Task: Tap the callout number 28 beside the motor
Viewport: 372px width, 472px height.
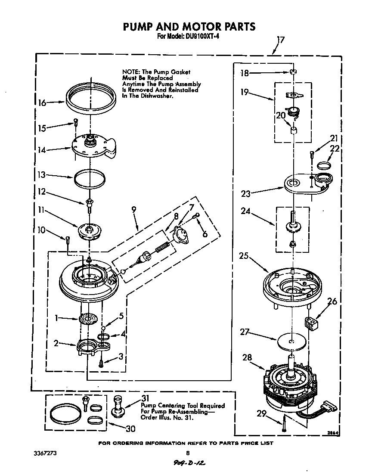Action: pyautogui.click(x=248, y=358)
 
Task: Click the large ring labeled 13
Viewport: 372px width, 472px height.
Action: pyautogui.click(x=90, y=178)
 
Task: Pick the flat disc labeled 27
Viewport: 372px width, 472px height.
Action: pyautogui.click(x=291, y=342)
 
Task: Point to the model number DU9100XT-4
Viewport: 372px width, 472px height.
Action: pyautogui.click(x=202, y=37)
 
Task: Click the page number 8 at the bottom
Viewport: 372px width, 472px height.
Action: pyautogui.click(x=187, y=453)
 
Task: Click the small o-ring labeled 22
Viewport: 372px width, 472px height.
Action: pyautogui.click(x=323, y=165)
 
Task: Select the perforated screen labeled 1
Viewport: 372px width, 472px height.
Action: pyautogui.click(x=90, y=319)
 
